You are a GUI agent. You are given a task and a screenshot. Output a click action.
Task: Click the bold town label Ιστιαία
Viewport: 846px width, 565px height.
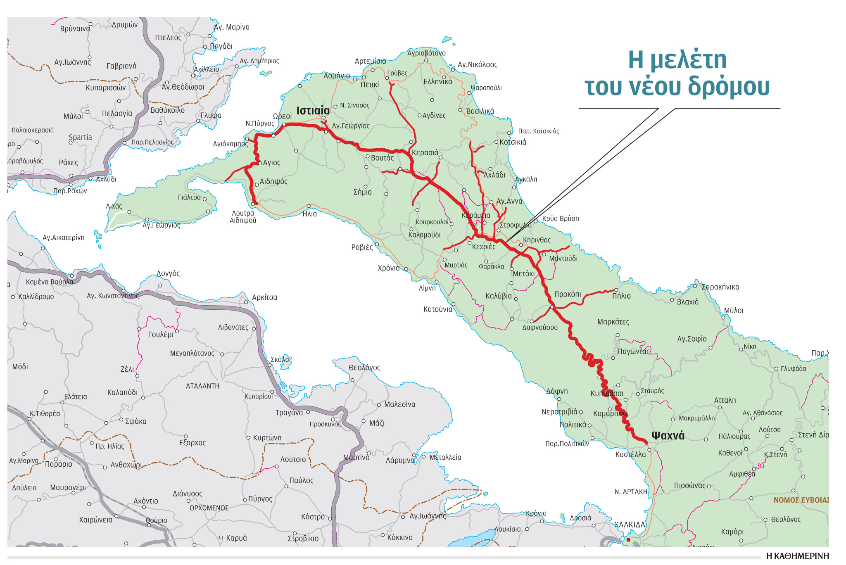click(x=313, y=111)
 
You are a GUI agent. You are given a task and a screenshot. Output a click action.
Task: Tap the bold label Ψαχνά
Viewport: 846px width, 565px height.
click(x=668, y=436)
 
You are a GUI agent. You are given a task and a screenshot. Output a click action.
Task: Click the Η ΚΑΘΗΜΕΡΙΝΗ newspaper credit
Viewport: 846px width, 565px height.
click(x=797, y=556)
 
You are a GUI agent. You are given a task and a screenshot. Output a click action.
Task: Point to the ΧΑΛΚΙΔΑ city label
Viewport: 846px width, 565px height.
click(x=629, y=525)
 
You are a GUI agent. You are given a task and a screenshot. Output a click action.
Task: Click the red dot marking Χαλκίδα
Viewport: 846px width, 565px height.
click(x=628, y=540)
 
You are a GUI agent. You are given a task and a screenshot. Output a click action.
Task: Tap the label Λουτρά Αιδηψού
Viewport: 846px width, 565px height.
click(x=243, y=217)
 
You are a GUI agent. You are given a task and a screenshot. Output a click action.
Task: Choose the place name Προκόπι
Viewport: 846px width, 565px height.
click(x=567, y=294)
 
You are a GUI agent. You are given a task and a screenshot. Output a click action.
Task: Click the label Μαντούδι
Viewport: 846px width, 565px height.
click(x=563, y=259)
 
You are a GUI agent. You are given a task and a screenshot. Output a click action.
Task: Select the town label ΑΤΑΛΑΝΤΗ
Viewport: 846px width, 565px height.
click(x=202, y=386)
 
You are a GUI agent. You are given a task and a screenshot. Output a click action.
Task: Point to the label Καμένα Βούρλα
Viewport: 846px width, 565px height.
click(x=49, y=282)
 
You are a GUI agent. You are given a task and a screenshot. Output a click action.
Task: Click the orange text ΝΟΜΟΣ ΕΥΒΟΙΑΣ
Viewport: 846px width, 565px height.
click(x=801, y=500)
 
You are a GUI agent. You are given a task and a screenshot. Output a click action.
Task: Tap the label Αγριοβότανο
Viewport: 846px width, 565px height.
click(x=426, y=53)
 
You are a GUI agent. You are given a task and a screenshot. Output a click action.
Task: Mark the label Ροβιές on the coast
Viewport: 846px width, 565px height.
click(x=362, y=247)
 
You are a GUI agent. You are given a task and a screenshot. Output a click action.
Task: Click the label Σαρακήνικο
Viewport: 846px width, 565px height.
click(x=720, y=287)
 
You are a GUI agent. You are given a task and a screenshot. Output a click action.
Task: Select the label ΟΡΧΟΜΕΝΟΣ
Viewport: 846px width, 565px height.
click(x=209, y=508)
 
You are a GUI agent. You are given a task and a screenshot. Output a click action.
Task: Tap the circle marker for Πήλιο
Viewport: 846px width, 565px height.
click(x=616, y=290)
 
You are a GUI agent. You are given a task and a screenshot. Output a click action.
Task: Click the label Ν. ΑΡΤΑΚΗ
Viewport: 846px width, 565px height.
click(x=631, y=492)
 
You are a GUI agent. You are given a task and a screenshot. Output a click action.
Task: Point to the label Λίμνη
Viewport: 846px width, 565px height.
click(x=427, y=288)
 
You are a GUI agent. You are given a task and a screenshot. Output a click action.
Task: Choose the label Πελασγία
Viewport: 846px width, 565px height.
click(x=117, y=114)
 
